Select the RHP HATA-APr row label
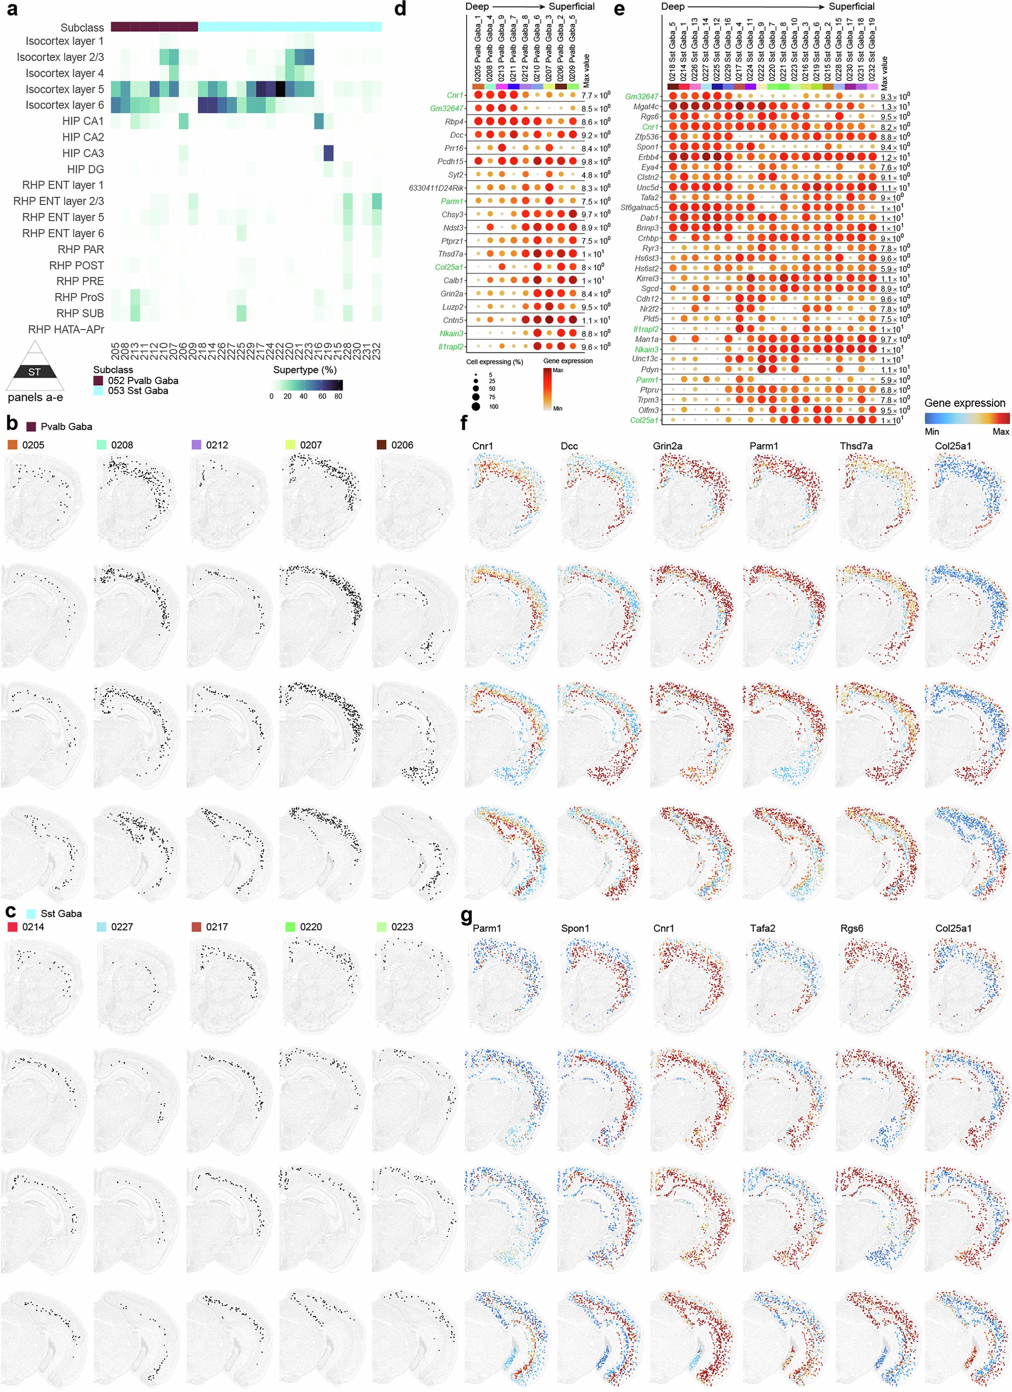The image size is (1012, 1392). pos(66,329)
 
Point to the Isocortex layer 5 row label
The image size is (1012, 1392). pos(60,90)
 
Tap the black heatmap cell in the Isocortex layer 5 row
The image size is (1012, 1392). pos(281,90)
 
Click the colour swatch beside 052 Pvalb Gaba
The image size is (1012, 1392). pos(98,381)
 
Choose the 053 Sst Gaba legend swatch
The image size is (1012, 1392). pos(98,391)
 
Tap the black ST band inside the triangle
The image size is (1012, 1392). pos(35,371)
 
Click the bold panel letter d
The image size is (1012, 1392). pos(400,9)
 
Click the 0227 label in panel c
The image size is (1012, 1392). pos(121,927)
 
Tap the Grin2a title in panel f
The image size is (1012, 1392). pos(667,446)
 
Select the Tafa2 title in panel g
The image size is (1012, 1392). pos(762,929)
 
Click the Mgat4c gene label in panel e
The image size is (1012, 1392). pos(646,107)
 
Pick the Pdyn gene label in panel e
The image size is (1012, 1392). pos(649,369)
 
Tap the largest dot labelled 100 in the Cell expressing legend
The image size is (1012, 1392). pos(476,406)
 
